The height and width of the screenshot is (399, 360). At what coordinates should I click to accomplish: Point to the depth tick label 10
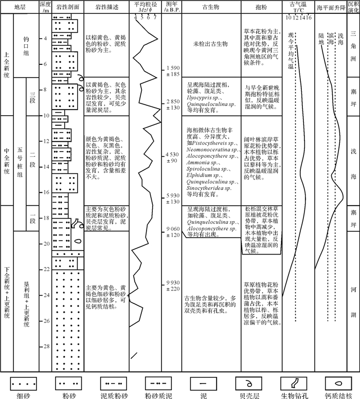pos(45,116)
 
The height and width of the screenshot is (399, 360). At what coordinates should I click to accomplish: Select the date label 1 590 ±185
pos(173,71)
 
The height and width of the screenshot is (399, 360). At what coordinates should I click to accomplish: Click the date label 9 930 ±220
pos(173,286)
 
